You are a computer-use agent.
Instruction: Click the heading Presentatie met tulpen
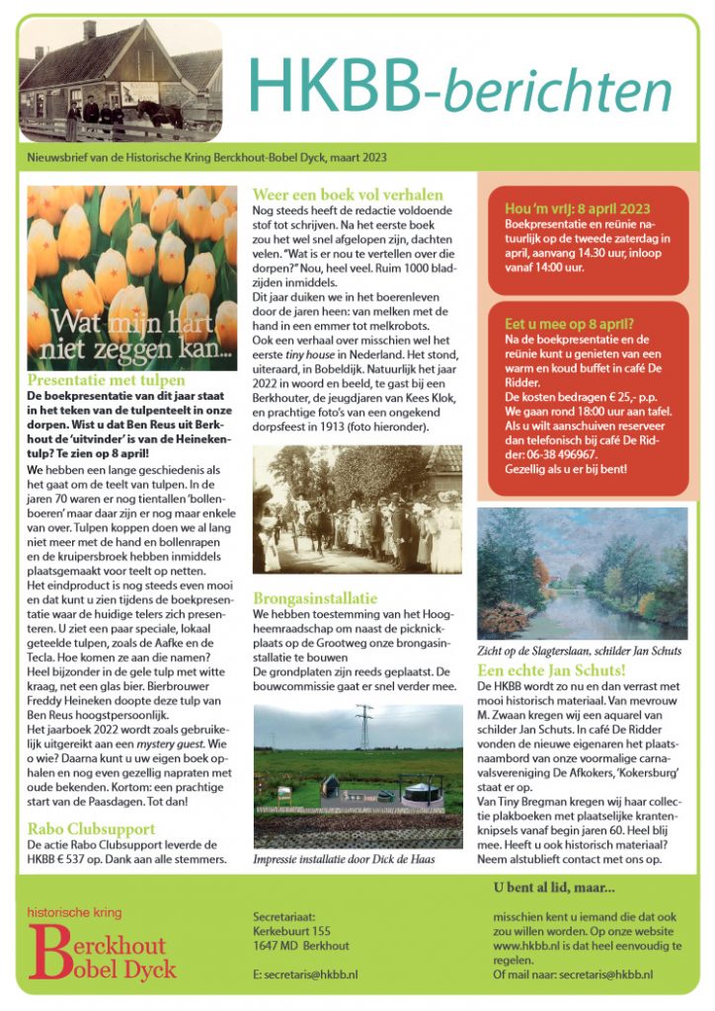[x=106, y=379]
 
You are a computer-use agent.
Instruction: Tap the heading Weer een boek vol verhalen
[x=348, y=194]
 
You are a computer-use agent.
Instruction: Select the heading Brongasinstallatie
[x=315, y=597]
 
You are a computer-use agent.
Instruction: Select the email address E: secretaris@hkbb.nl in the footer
[x=305, y=973]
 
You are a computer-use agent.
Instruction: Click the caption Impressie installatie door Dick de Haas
[x=344, y=860]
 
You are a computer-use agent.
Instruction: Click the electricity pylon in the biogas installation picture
[x=363, y=727]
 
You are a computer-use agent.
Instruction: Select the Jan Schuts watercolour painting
[x=582, y=574]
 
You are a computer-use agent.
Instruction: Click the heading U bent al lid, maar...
[x=553, y=887]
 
